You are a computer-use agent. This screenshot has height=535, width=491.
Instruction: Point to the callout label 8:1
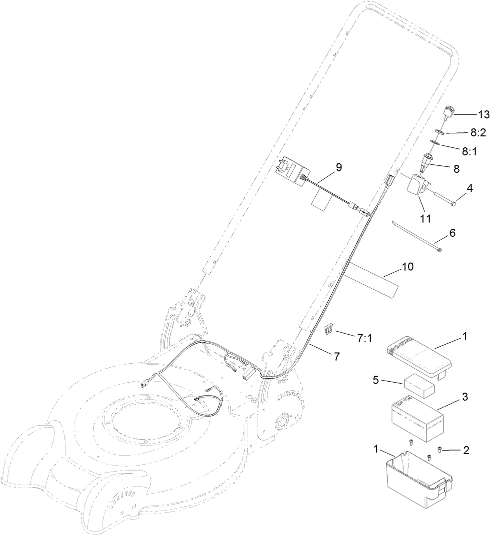tap(470, 151)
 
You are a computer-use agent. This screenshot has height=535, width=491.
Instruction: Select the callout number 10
tap(408, 267)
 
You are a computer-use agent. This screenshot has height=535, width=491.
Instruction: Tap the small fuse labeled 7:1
tap(329, 329)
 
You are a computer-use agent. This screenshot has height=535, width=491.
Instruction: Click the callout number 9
tap(339, 167)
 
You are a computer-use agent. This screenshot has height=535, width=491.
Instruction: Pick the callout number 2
tap(466, 451)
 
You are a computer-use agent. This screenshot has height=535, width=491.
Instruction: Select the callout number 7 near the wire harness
tap(337, 356)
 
